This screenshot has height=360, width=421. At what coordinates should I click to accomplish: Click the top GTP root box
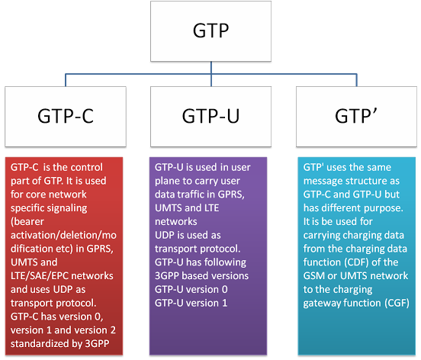(x=210, y=31)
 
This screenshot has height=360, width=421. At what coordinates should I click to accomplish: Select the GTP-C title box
(x=66, y=117)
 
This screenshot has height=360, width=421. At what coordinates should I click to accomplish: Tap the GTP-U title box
(x=210, y=117)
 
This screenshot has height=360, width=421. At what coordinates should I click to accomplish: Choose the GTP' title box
(x=356, y=117)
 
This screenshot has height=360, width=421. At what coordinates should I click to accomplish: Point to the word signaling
(x=68, y=208)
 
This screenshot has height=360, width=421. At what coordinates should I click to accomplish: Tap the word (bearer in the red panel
(x=27, y=221)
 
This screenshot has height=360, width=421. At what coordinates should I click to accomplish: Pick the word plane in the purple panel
(x=167, y=182)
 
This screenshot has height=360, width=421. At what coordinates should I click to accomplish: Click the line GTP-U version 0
(x=191, y=289)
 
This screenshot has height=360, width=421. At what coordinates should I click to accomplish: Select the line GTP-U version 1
(x=191, y=303)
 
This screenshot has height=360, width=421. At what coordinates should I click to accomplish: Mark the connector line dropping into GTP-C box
(x=66, y=80)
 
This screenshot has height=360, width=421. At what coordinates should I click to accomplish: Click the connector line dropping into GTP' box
(x=357, y=80)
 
